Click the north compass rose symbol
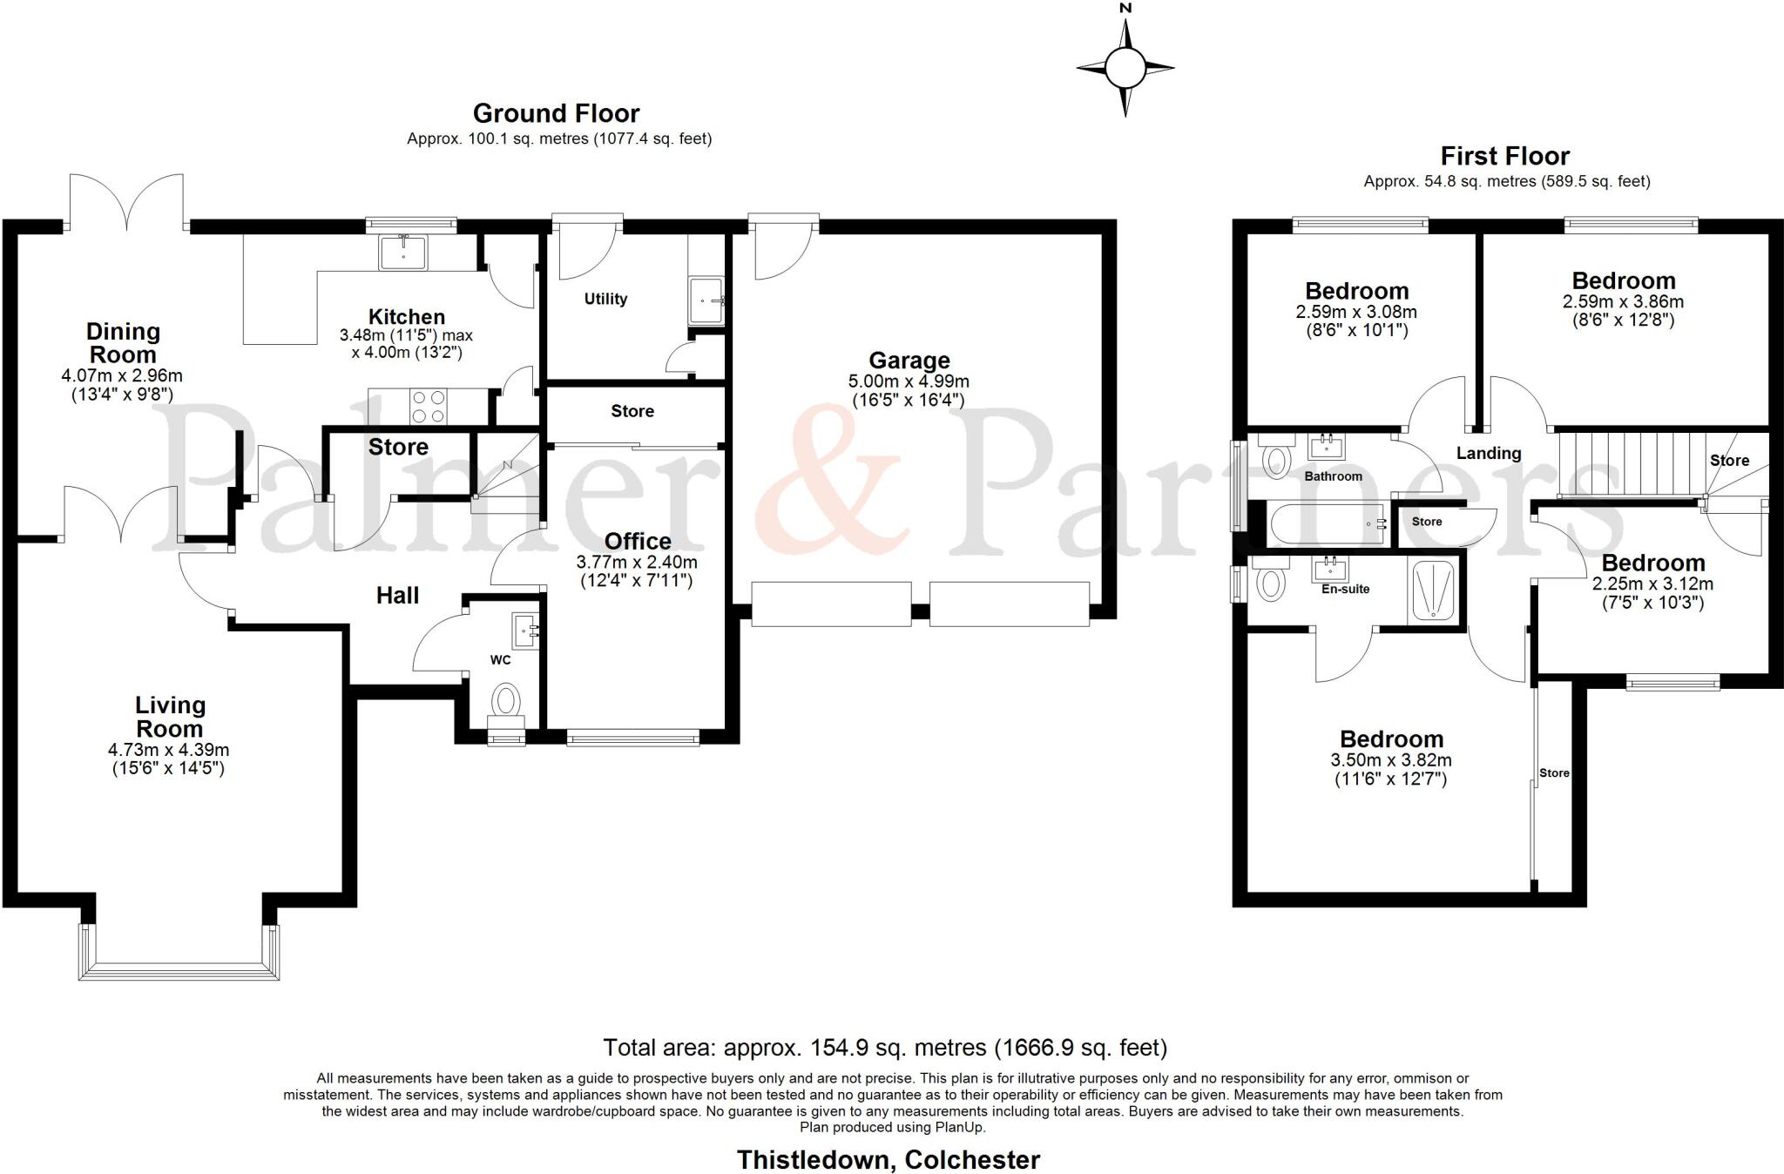click(1125, 66)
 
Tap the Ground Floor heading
click(556, 113)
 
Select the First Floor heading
click(1504, 156)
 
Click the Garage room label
click(909, 360)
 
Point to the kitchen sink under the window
click(402, 252)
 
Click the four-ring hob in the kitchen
click(428, 406)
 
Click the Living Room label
click(170, 717)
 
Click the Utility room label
click(605, 299)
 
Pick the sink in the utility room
click(706, 300)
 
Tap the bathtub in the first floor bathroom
click(1327, 524)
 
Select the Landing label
click(1489, 453)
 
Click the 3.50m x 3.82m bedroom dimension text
click(1390, 759)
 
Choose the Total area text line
click(885, 1047)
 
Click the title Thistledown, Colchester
click(888, 1160)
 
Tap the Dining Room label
click(123, 343)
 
